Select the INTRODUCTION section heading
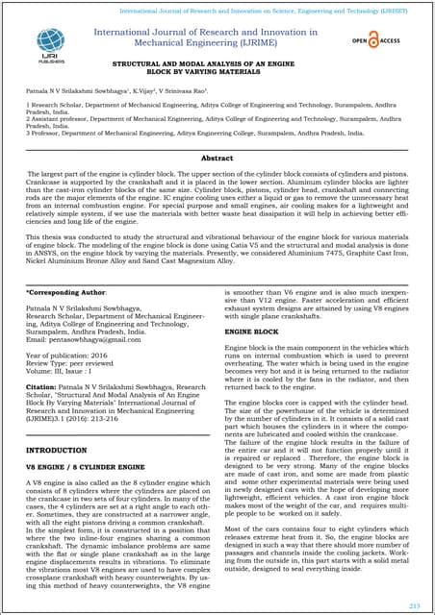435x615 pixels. [x=56, y=449]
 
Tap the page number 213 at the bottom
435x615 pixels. [x=416, y=603]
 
